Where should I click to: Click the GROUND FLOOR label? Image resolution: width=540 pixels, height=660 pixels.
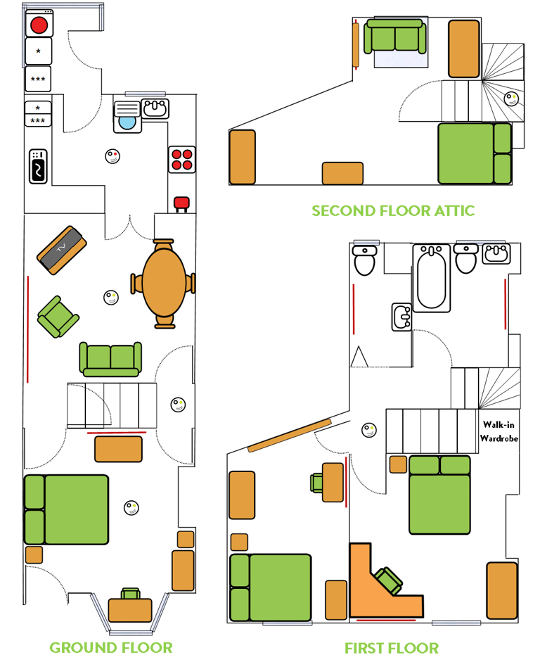(110, 647)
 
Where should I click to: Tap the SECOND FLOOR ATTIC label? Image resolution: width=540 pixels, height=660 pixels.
(393, 210)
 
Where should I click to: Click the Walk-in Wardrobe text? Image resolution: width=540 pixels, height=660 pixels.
(499, 431)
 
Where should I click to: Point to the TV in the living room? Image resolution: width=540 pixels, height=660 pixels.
(62, 250)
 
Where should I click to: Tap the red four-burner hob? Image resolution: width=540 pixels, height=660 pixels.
(182, 159)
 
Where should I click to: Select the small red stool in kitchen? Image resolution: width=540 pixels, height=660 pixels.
(181, 203)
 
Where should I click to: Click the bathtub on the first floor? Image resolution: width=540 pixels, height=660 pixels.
(432, 277)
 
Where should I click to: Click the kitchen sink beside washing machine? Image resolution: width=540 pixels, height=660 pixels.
(155, 108)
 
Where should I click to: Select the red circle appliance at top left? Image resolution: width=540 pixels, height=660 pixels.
(39, 25)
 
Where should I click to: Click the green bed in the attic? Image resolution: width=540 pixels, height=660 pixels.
(474, 153)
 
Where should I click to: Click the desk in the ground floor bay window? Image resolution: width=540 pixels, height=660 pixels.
(131, 609)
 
